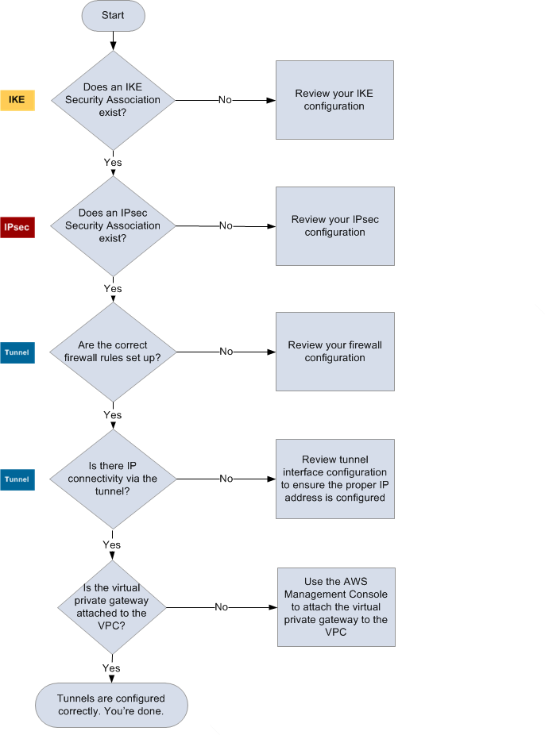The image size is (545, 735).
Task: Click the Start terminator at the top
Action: point(113,16)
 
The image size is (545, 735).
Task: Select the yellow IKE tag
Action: point(17,100)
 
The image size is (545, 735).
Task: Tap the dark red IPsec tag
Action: point(17,227)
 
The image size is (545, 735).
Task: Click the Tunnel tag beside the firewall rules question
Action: point(17,352)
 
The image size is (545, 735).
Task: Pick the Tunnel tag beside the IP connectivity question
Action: point(17,479)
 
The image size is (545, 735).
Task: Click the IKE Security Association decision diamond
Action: point(113,100)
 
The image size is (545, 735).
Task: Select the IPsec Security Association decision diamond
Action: point(113,226)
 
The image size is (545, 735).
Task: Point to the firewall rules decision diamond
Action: point(113,352)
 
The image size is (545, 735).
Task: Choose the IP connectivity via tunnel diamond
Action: point(113,479)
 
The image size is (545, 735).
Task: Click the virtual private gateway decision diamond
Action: point(113,606)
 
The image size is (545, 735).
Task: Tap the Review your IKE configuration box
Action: point(334,100)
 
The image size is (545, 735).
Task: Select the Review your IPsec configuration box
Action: point(334,226)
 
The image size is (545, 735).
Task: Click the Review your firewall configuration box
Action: point(334,352)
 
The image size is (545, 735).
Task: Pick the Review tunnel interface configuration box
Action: point(334,479)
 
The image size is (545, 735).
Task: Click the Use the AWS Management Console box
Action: point(335,607)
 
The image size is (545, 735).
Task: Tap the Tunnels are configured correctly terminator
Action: point(111,704)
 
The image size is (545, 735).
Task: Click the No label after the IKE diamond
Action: point(225,100)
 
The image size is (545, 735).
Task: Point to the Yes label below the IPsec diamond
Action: point(113,288)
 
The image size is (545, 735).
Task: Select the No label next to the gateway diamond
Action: point(221,607)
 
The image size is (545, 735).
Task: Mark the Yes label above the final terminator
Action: point(111,668)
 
